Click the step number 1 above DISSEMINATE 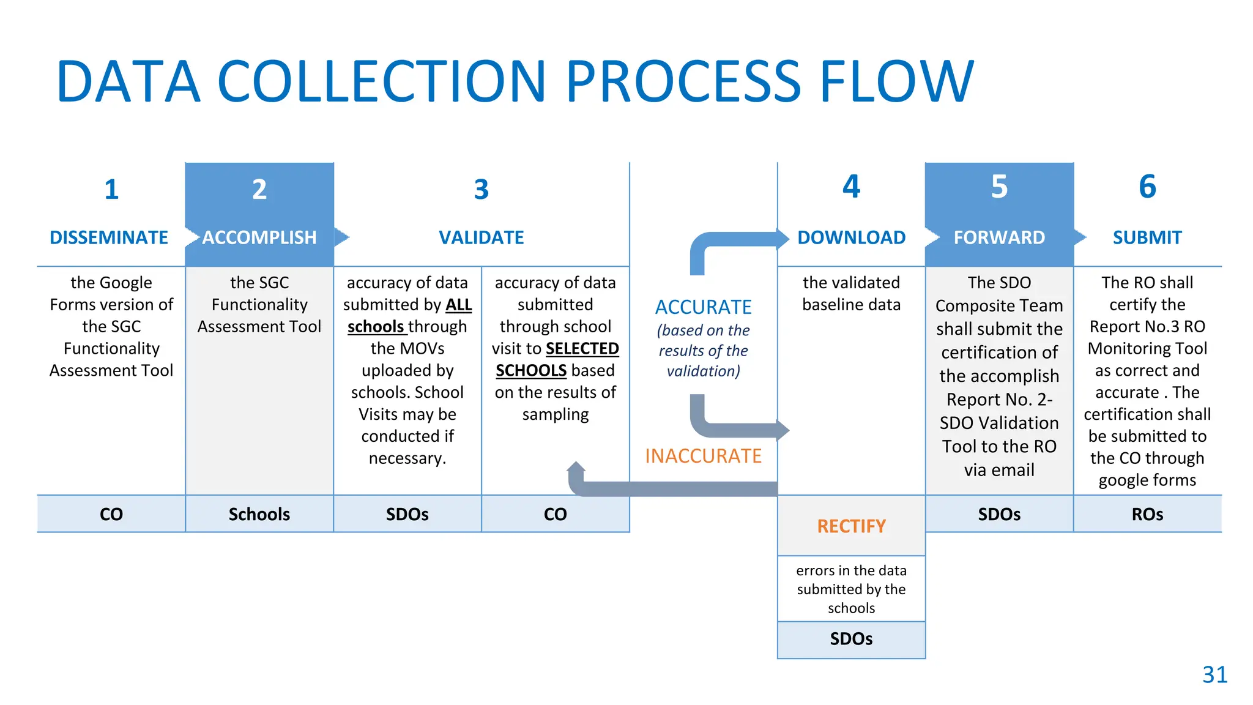pyautogui.click(x=111, y=190)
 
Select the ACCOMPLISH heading pyautogui.click(x=259, y=237)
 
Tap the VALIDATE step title pyautogui.click(x=481, y=237)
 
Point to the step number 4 pyautogui.click(x=851, y=187)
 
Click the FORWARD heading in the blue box pyautogui.click(x=999, y=237)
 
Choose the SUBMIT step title pyautogui.click(x=1147, y=237)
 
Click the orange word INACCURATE pyautogui.click(x=703, y=456)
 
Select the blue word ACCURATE pyautogui.click(x=703, y=307)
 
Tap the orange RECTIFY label pyautogui.click(x=851, y=526)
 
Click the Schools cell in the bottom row pyautogui.click(x=259, y=514)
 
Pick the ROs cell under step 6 pyautogui.click(x=1147, y=514)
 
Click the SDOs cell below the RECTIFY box pyautogui.click(x=851, y=639)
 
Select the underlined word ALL pyautogui.click(x=459, y=305)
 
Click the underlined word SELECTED pyautogui.click(x=582, y=349)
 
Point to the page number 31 pyautogui.click(x=1214, y=674)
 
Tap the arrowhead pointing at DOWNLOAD pyautogui.click(x=783, y=239)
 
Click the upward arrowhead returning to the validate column pyautogui.click(x=576, y=467)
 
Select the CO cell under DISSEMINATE pyautogui.click(x=111, y=514)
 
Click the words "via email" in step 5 pyautogui.click(x=999, y=470)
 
